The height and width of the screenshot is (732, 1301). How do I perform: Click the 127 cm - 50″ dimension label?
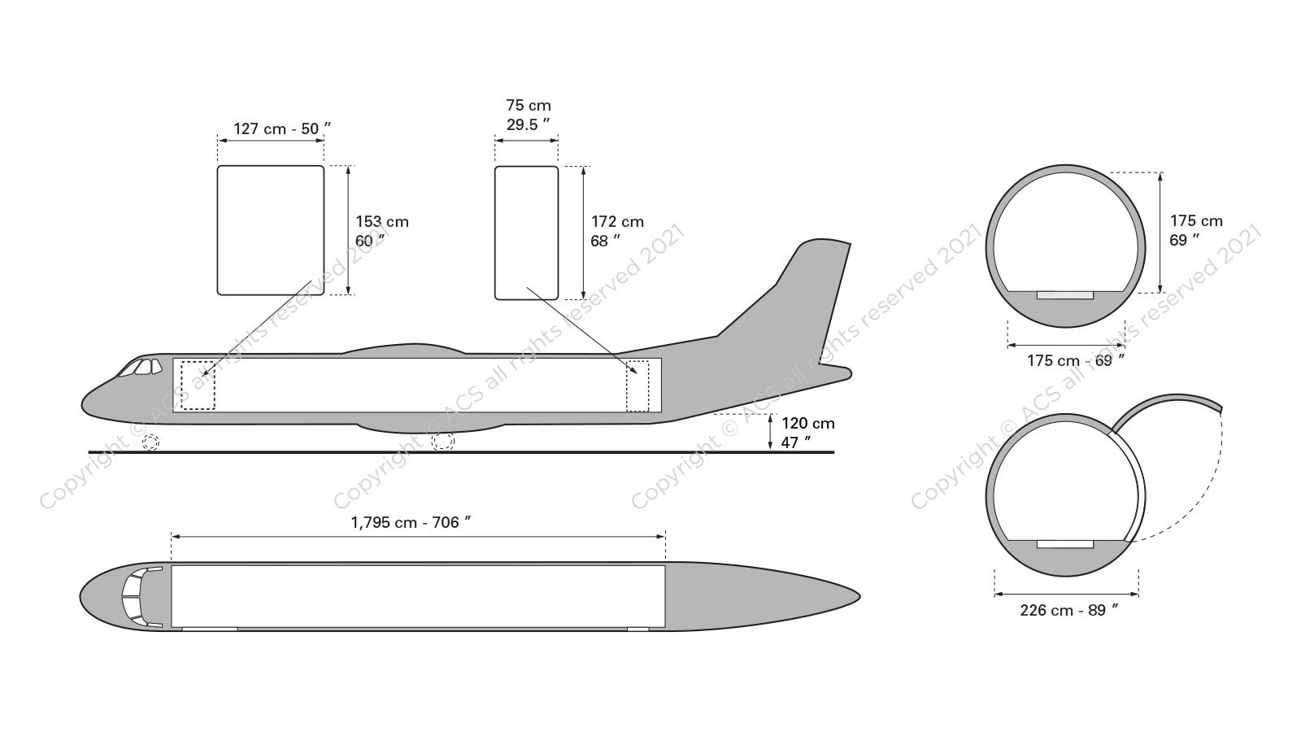pos(282,129)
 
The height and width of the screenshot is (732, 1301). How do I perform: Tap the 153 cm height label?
pos(382,231)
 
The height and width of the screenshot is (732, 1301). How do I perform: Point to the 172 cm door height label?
pos(617,231)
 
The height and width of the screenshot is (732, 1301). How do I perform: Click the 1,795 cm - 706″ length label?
pos(411,522)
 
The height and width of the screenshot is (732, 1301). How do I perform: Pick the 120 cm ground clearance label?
pos(808,433)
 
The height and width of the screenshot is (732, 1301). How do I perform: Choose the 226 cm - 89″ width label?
pos(1069,610)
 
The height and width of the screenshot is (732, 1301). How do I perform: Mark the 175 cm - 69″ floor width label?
pos(1076,360)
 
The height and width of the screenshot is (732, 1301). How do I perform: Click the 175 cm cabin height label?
pos(1196,230)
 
